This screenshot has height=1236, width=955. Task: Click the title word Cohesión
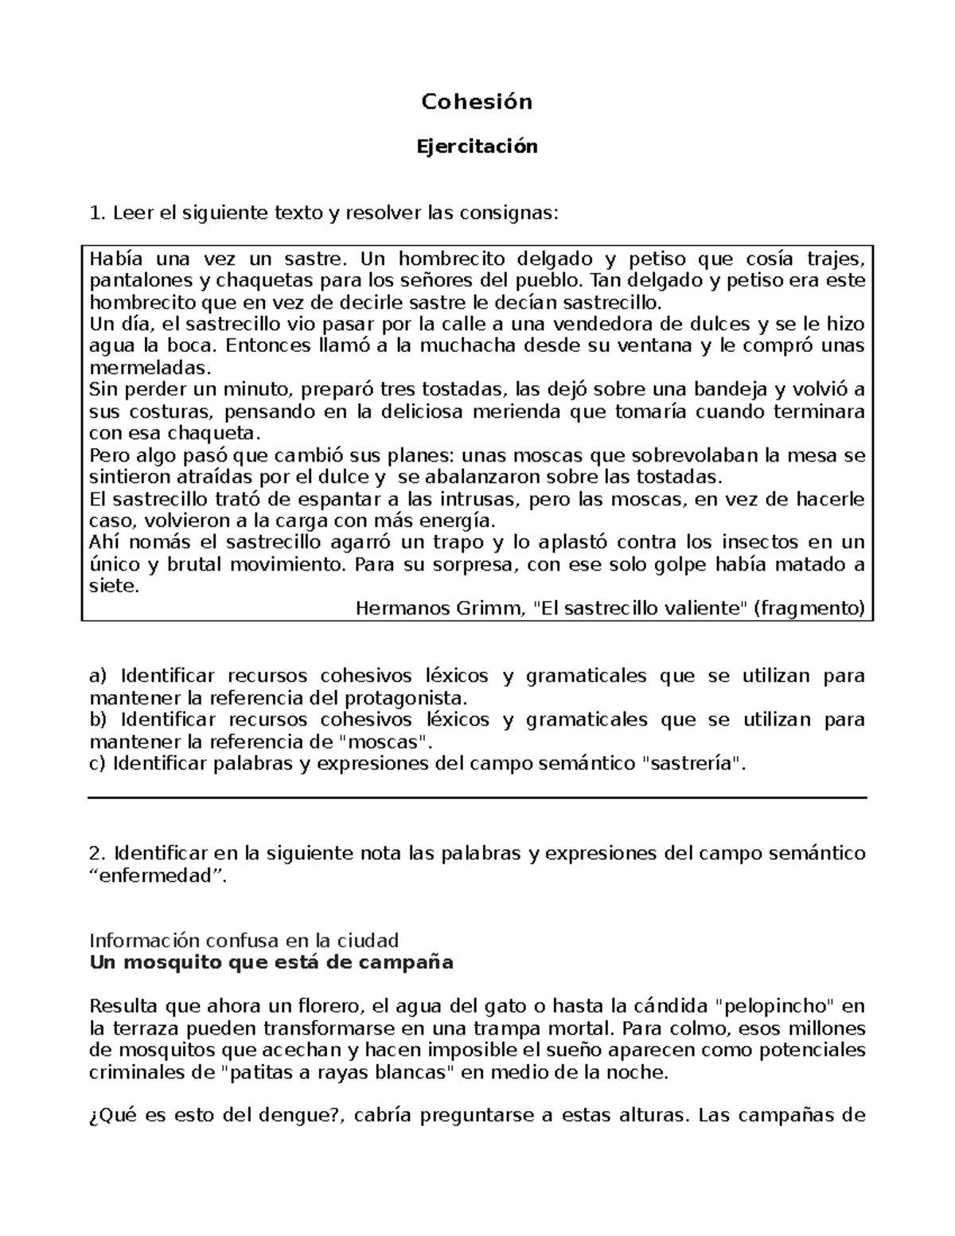click(x=477, y=102)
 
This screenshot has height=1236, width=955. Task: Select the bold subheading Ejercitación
click(x=477, y=146)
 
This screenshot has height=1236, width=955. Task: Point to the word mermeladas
click(x=150, y=368)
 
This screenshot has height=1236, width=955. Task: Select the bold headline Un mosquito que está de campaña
click(x=271, y=962)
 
